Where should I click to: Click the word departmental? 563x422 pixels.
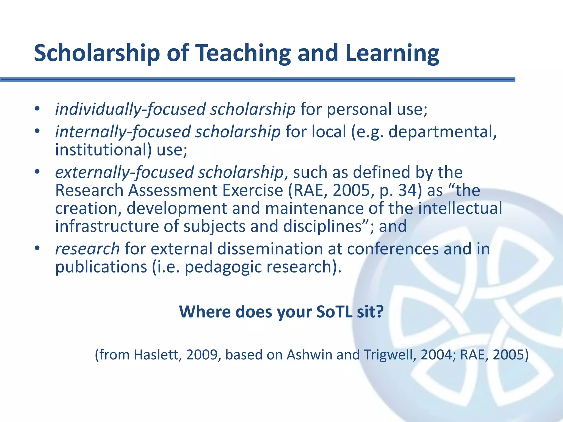(443, 132)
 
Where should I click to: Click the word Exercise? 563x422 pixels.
(253, 190)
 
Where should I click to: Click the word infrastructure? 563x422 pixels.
(107, 226)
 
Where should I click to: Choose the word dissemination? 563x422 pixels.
(270, 249)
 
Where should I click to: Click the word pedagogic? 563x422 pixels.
(223, 267)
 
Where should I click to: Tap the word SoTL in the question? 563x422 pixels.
(334, 312)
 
